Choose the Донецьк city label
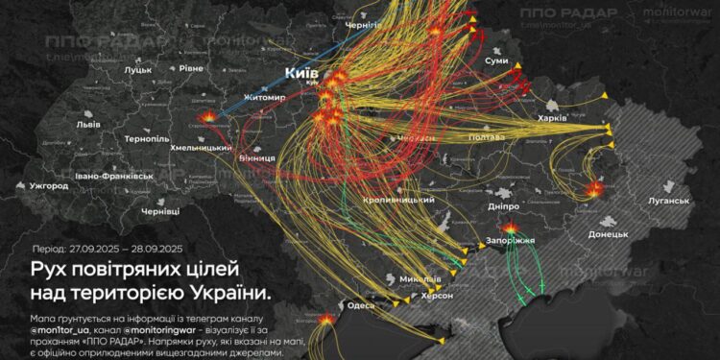click(608, 234)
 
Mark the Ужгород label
click(48, 185)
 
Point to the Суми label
click(497, 60)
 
